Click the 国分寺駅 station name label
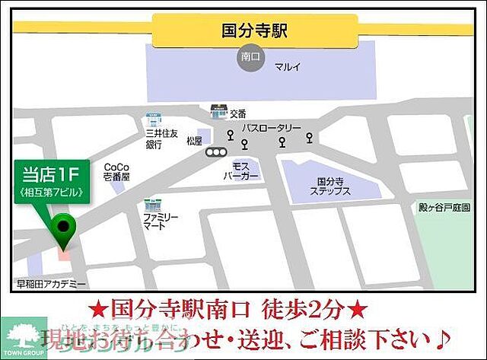[x=254, y=31]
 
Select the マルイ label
[x=287, y=66]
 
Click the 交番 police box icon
[x=218, y=112]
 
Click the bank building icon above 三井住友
[x=153, y=120]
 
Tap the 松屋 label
[x=194, y=141]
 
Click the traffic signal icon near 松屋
[x=216, y=151]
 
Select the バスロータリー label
[x=272, y=129]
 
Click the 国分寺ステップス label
[x=330, y=186]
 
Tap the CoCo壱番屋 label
[x=116, y=171]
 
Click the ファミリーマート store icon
[x=151, y=205]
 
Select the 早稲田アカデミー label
[x=51, y=283]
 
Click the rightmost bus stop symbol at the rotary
[x=309, y=138]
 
